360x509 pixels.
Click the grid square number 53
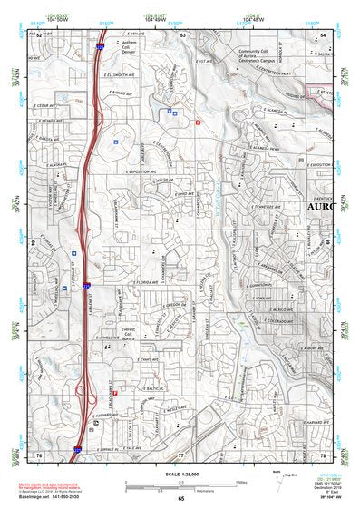tap(182, 34)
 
